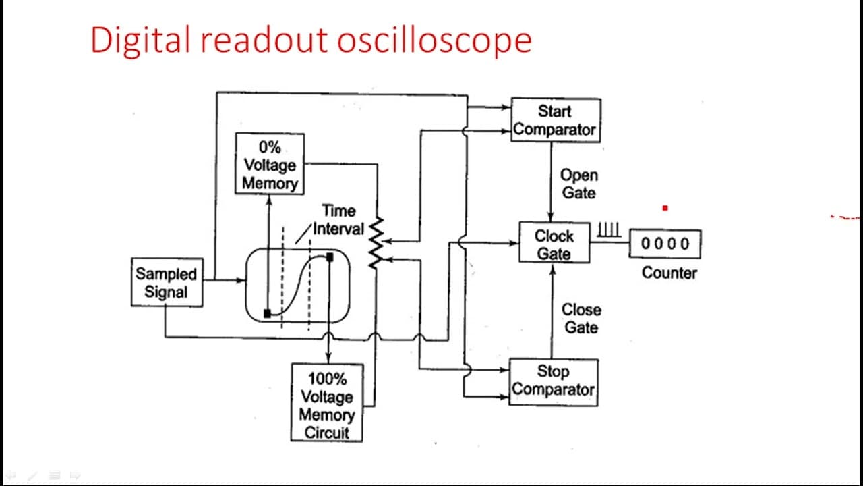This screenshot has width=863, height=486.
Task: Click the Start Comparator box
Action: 556,120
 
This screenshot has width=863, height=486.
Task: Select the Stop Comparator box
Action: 554,382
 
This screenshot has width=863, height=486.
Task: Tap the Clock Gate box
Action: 554,242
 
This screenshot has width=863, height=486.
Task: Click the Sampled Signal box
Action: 167,282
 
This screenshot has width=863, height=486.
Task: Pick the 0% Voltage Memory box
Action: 270,164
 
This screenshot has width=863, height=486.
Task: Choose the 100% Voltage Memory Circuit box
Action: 327,402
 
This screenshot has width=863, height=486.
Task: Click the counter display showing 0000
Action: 665,244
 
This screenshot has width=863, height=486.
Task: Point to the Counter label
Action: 669,273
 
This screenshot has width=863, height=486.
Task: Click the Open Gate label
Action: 579,184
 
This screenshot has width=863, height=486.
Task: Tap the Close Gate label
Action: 581,319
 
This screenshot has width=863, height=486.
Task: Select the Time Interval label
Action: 338,220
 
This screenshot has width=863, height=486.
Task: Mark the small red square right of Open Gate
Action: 665,209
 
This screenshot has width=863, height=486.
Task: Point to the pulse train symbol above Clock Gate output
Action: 609,230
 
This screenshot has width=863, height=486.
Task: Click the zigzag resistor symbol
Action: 376,243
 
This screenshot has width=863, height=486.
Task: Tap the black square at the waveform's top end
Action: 330,257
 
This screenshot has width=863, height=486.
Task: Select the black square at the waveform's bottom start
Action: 267,314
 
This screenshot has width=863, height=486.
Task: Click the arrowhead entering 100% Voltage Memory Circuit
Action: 328,358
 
